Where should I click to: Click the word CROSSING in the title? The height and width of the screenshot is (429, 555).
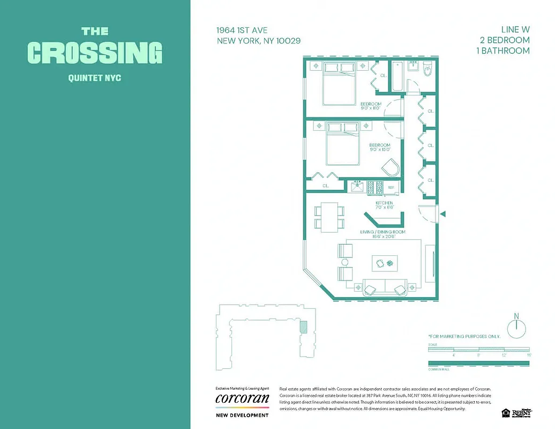95,53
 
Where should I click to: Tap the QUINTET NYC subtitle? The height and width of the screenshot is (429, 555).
95,78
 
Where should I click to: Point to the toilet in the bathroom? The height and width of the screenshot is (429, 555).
427,70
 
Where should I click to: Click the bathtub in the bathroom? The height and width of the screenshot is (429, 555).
399,77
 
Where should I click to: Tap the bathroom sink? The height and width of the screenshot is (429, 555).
413,66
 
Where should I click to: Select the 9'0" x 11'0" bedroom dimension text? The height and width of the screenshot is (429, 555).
370,108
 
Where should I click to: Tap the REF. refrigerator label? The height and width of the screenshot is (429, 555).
391,188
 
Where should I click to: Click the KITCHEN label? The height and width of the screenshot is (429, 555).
384,203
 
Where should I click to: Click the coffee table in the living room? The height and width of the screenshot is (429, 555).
385,263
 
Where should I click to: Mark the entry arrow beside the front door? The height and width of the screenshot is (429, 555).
442,214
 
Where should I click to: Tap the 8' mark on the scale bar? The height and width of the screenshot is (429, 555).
478,355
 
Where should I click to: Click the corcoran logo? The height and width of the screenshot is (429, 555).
242,399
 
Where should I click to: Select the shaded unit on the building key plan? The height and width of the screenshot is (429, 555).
303,327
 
